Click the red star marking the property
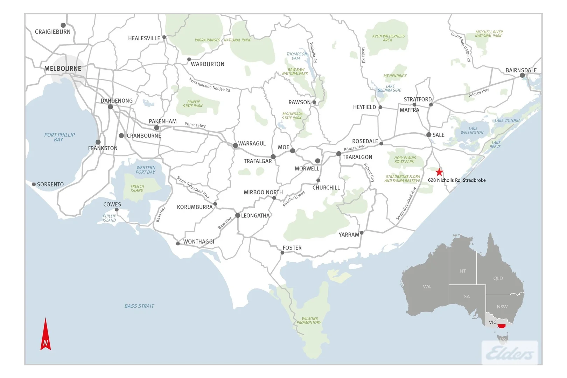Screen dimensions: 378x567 point(439,172)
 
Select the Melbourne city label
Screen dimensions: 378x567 point(63,69)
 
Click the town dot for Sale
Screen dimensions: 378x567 point(429,135)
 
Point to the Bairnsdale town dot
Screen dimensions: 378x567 point(522,75)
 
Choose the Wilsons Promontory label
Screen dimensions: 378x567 point(309,321)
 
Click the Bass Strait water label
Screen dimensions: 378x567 point(139,306)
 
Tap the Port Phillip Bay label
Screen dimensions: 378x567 point(59,137)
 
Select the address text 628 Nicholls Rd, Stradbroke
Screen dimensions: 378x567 point(457,180)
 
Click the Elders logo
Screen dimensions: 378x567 point(510,353)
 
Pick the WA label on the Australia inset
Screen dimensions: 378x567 point(427,287)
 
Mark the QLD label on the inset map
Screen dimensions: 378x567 point(498,278)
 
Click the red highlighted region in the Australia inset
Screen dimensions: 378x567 point(502,326)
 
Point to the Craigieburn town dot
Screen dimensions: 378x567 point(63,25)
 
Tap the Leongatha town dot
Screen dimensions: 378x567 point(238,215)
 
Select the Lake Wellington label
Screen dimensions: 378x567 point(472,131)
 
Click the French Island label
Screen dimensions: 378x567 point(137,188)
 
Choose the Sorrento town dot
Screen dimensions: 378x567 point(34,184)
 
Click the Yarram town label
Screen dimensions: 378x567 point(349,235)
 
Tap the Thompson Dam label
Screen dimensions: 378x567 point(296,56)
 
